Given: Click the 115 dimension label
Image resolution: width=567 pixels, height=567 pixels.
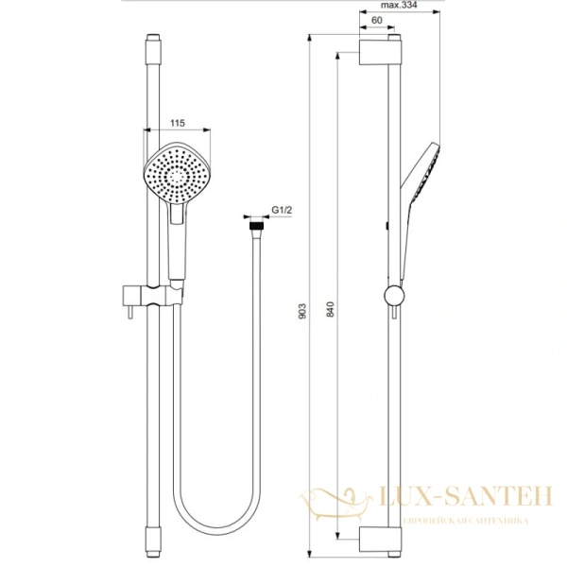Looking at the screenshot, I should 176,122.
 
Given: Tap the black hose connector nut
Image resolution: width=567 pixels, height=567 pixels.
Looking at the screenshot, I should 254,227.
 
